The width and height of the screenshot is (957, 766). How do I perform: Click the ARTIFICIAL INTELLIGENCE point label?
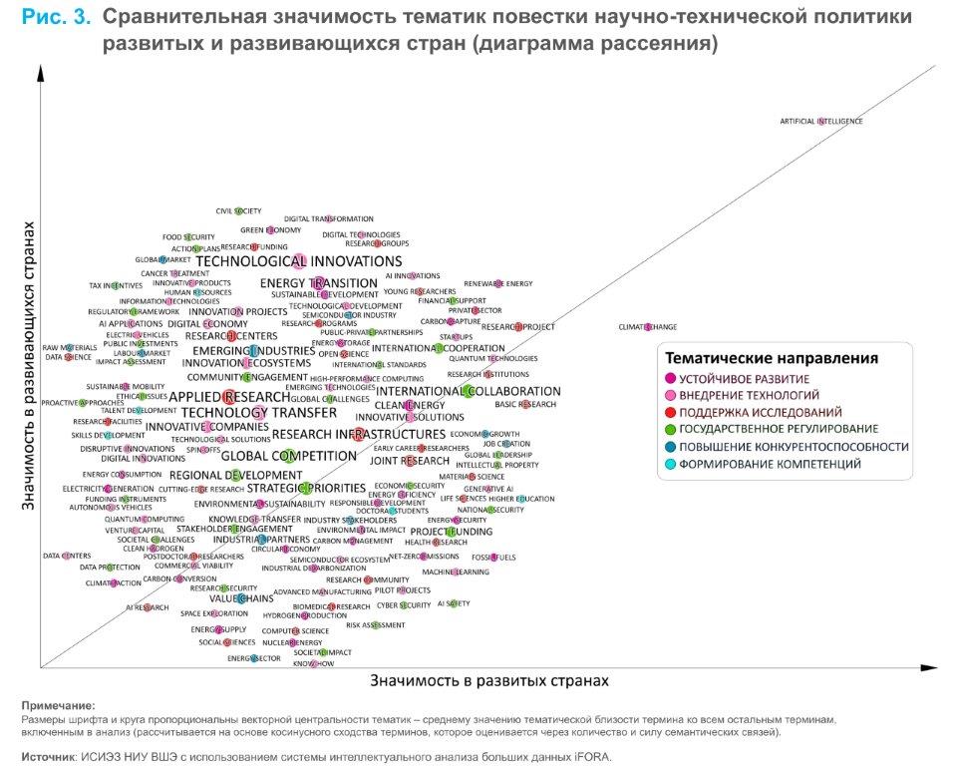tap(820, 122)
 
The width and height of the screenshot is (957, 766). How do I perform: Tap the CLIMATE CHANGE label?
tap(647, 327)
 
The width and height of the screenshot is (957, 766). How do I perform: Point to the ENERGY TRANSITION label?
tap(318, 283)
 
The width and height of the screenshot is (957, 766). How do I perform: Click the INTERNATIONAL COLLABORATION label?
tap(469, 391)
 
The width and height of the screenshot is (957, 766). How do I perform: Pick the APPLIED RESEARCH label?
tap(229, 397)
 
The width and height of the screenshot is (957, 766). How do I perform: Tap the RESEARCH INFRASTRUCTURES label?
tap(358, 434)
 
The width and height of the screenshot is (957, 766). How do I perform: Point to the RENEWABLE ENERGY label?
tap(498, 284)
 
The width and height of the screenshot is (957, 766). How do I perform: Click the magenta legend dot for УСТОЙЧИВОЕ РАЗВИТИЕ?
tap(671, 379)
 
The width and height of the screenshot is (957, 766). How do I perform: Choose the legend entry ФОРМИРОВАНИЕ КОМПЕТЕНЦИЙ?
tap(758, 464)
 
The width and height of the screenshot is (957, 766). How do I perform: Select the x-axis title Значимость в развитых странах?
tap(488, 680)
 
